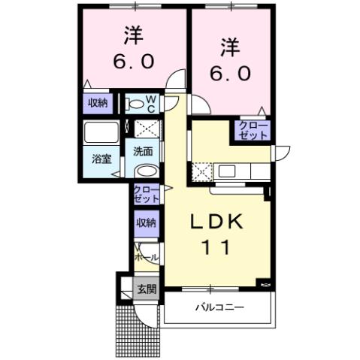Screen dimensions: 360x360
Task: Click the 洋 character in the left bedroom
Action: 134,35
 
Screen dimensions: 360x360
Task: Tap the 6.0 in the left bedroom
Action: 134,62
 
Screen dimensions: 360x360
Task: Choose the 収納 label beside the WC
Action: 97,104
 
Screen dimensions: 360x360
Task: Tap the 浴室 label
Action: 101,159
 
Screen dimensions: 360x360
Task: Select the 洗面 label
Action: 143,150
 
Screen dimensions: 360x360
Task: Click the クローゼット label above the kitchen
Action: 253,130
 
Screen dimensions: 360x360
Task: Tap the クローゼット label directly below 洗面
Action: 146,194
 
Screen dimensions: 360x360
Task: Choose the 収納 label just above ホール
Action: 147,222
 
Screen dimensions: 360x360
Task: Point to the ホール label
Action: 146,257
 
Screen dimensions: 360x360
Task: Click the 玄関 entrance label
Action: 146,289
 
